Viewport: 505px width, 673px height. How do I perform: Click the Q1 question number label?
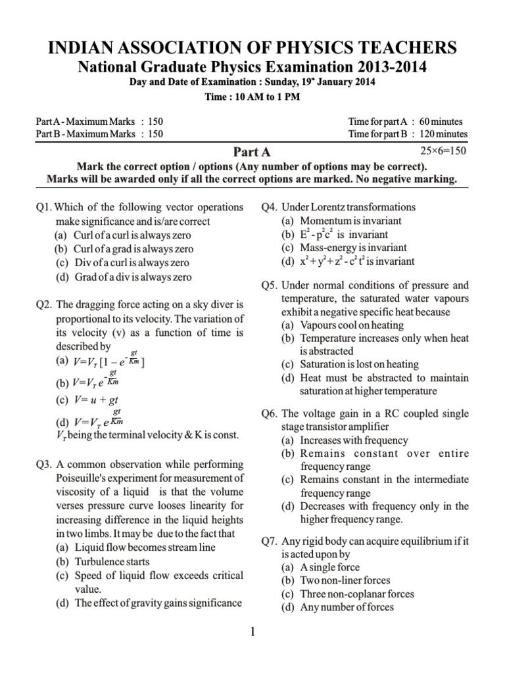45,208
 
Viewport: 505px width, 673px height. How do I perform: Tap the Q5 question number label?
270,285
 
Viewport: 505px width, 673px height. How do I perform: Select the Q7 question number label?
270,542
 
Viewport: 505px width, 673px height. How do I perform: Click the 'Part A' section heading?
253,153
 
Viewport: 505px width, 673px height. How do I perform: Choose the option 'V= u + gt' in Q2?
86,399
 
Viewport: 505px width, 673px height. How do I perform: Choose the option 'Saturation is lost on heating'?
359,364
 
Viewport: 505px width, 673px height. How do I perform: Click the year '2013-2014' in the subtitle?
387,66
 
